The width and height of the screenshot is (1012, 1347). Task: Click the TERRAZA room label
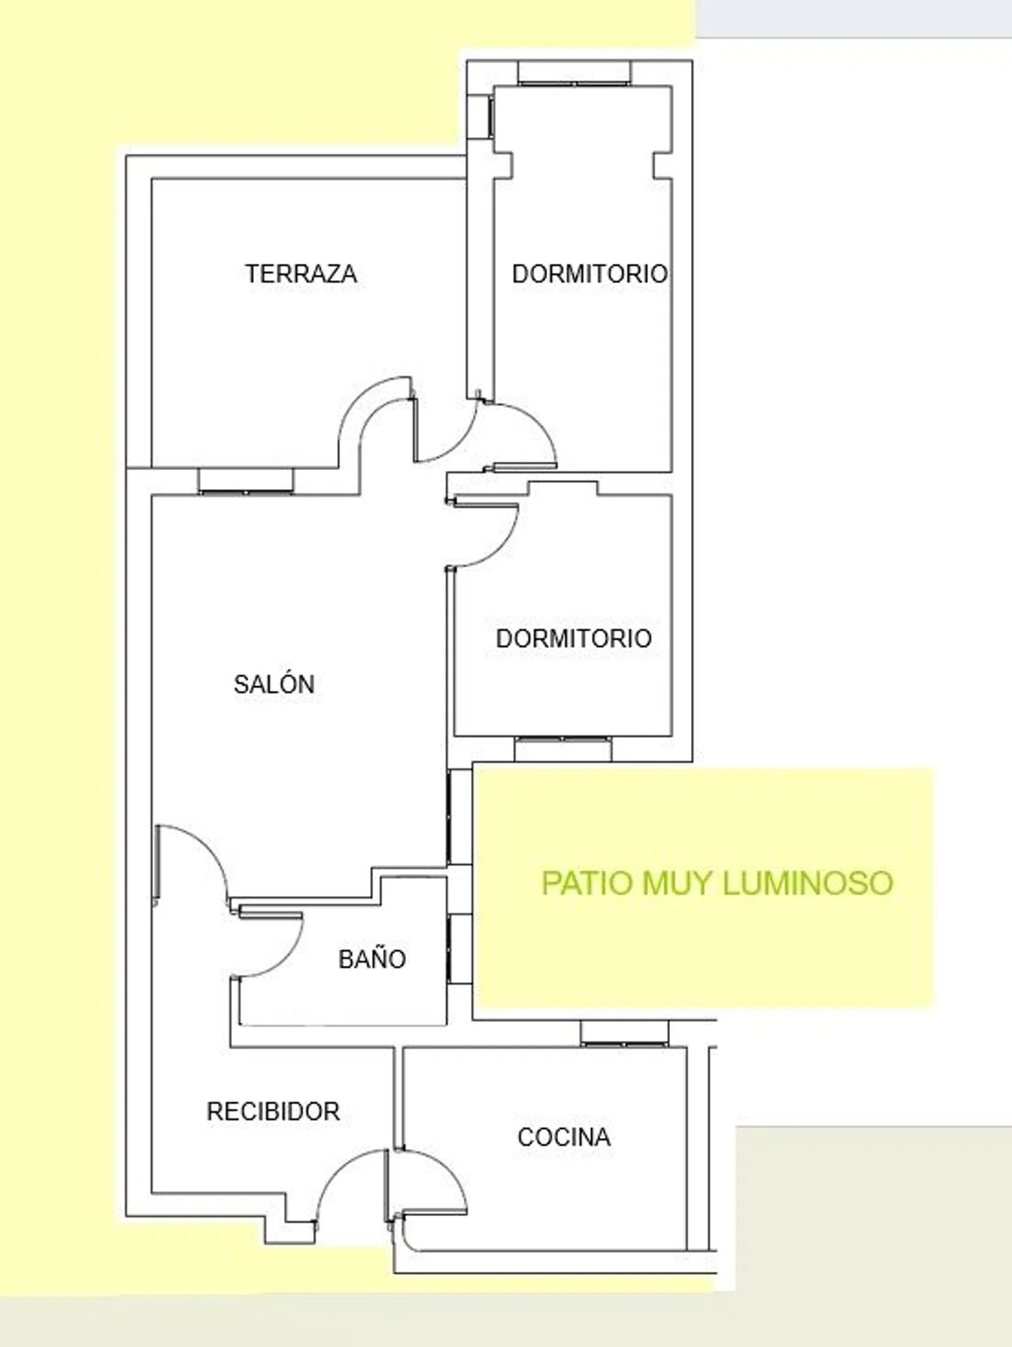pyautogui.click(x=301, y=274)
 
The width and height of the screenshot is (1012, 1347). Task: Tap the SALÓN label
pyautogui.click(x=274, y=684)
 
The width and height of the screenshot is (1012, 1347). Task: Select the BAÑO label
pyautogui.click(x=372, y=958)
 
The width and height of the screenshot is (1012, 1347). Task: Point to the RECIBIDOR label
pyautogui.click(x=273, y=1112)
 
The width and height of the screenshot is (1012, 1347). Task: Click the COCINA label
pyautogui.click(x=564, y=1137)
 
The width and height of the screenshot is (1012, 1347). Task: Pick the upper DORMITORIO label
pyautogui.click(x=590, y=274)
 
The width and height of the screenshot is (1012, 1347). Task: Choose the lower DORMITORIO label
pyautogui.click(x=573, y=638)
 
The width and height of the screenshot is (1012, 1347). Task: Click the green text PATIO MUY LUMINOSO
pyautogui.click(x=717, y=883)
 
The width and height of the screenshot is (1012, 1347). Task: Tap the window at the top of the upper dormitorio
pyautogui.click(x=574, y=73)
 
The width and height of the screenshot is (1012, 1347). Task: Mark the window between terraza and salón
pyautogui.click(x=246, y=481)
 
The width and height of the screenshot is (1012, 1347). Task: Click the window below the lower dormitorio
pyautogui.click(x=563, y=749)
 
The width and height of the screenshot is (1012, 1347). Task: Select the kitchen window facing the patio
pyautogui.click(x=625, y=1033)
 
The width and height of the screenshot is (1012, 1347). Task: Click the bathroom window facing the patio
pyautogui.click(x=459, y=948)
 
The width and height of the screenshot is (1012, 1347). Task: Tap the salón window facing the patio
pyautogui.click(x=459, y=817)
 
